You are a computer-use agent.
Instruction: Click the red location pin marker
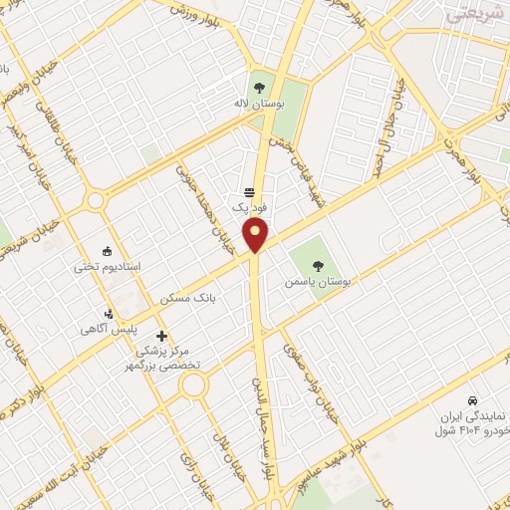coord(256,235)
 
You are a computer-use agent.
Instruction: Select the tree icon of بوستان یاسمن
coord(318,265)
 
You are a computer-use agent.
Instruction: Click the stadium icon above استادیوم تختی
coord(109,251)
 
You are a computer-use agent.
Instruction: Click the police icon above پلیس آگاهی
coord(110,314)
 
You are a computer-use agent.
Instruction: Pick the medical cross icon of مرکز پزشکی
coord(161,336)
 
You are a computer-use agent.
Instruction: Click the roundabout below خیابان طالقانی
coord(97,200)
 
